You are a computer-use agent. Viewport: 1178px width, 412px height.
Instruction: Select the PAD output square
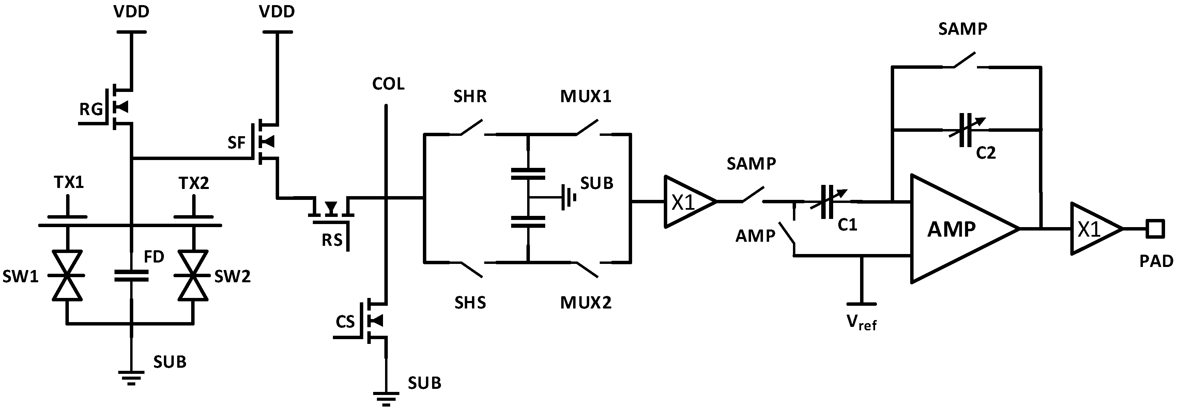[x=1155, y=228]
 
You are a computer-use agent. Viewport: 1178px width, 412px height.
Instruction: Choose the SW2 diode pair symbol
[x=193, y=275]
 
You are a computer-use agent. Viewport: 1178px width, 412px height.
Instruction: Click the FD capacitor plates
[x=131, y=275]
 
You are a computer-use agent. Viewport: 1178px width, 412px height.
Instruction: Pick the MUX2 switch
[x=587, y=269]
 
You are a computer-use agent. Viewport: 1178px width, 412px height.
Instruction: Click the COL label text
[x=388, y=84]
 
